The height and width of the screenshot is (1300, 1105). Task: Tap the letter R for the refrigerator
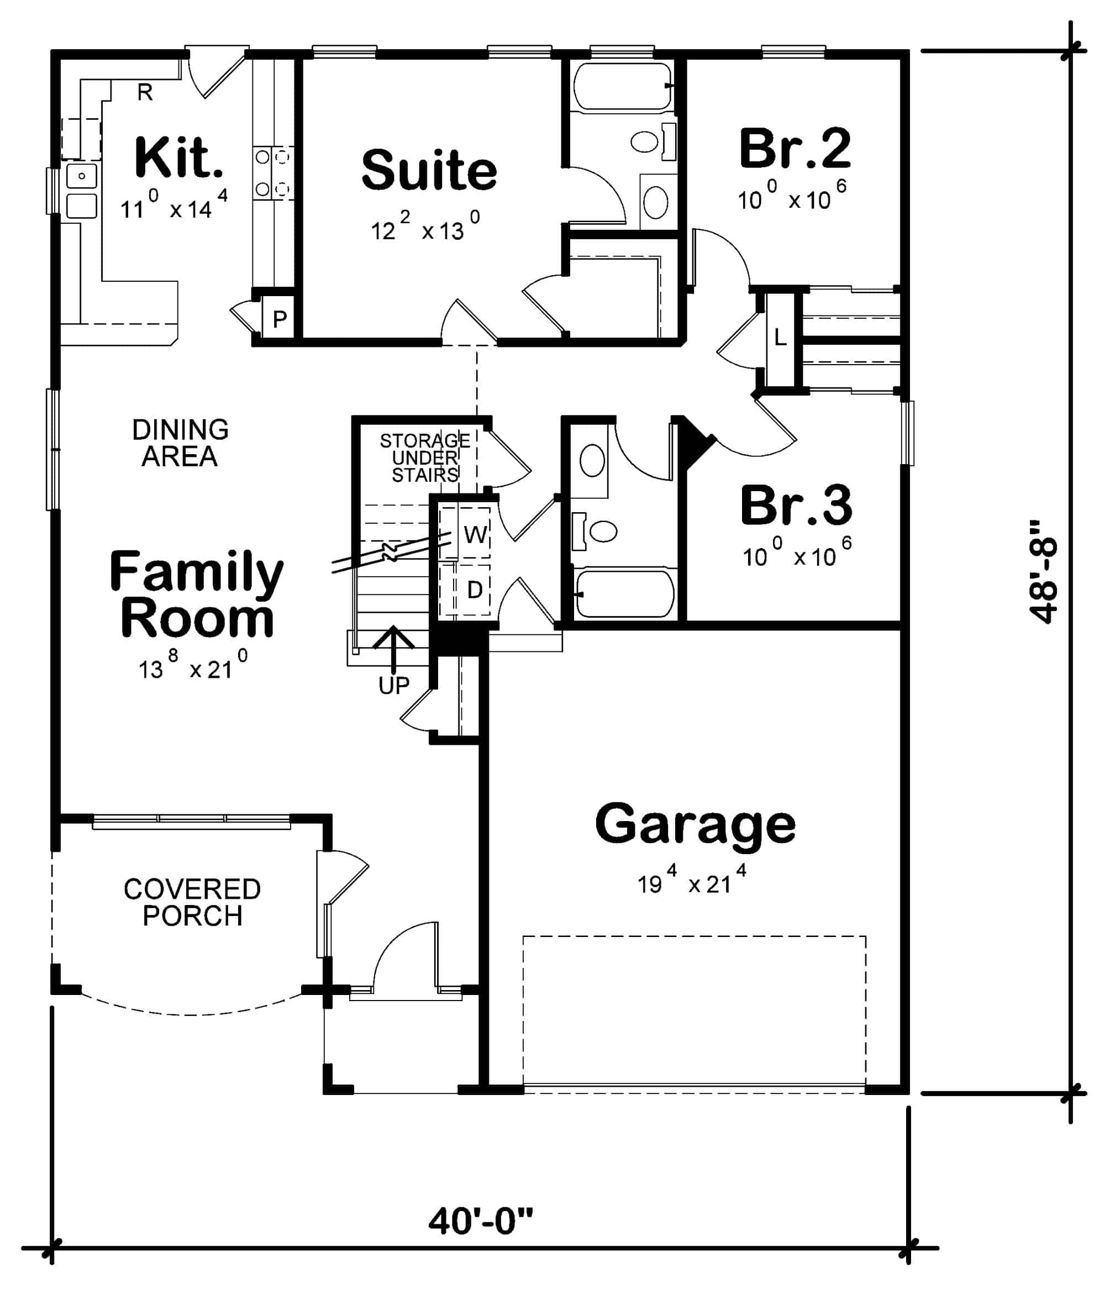pos(145,93)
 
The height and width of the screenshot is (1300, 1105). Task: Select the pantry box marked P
pos(280,319)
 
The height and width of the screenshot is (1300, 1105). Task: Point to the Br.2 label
pos(794,149)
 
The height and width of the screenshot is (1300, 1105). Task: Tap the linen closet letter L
pos(780,338)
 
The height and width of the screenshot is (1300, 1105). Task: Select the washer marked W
pos(475,534)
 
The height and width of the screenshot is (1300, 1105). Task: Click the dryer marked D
pos(475,589)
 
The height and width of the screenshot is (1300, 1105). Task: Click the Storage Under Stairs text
pos(425,458)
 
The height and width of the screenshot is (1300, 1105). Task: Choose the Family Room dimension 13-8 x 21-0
pos(192,666)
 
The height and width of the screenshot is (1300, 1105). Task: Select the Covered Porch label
pos(192,902)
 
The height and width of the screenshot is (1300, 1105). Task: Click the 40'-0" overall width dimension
pos(481,1221)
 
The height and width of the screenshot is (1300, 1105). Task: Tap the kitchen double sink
pos(81,191)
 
